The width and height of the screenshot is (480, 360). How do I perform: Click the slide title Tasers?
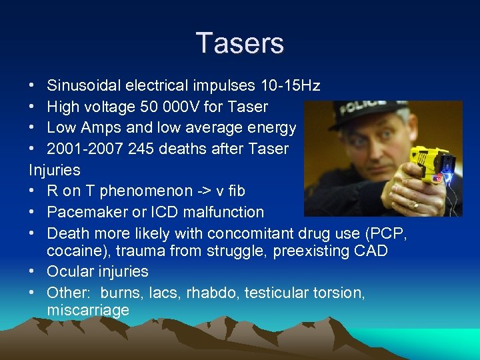240,43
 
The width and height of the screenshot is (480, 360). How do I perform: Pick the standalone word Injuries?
55,169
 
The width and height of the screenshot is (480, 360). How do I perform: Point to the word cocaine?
74,251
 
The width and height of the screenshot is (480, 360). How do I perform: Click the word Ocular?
71,272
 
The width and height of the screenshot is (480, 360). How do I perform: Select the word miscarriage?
88,311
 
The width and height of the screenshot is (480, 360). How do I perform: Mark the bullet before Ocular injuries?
33,272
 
